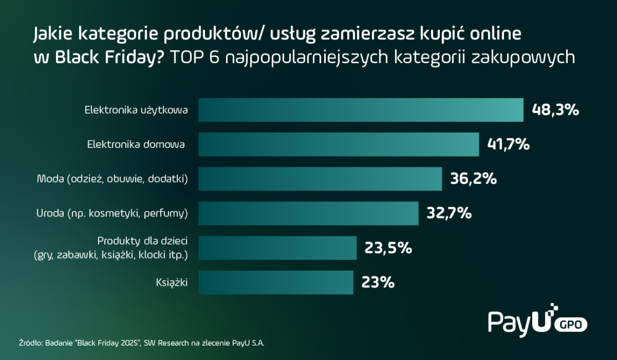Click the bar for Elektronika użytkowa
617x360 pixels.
(361, 110)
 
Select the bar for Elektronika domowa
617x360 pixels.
(338, 145)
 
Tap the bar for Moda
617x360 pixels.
(320, 179)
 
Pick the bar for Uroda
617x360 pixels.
(308, 213)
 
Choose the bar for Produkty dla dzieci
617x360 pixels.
(277, 248)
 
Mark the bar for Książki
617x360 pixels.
(276, 282)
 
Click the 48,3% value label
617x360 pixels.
(555, 110)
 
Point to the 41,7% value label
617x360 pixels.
(508, 145)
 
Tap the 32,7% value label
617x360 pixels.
(449, 213)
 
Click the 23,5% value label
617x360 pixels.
(388, 248)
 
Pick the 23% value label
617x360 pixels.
(378, 282)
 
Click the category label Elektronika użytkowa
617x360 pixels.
(136, 110)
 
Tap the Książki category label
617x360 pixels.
(172, 283)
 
